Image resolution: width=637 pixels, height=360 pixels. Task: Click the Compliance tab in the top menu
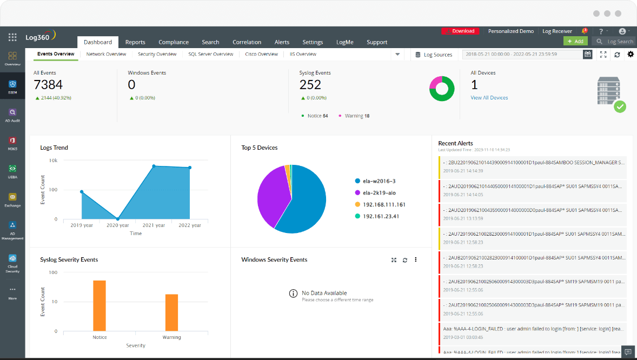coord(173,42)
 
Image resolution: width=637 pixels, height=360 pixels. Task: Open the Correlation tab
coord(247,42)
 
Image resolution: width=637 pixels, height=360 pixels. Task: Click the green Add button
coord(575,41)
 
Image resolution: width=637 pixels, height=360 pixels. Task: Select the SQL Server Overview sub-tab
coord(210,54)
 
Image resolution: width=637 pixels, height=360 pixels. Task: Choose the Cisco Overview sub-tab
coord(261,54)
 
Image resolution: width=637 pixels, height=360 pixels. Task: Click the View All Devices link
coord(489,98)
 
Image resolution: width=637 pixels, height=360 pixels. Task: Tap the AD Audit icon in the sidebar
coord(12,114)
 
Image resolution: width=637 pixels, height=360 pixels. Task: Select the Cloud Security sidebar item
coord(12,262)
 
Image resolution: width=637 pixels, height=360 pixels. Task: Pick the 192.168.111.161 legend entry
coord(383,204)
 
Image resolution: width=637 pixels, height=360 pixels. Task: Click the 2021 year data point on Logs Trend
coord(154,166)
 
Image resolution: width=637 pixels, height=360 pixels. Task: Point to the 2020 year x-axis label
coord(117,225)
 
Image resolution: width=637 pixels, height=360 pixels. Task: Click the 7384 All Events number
coord(48,85)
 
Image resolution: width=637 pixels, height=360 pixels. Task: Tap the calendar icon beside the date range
coord(587,54)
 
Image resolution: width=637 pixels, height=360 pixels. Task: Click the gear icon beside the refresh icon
coord(630,54)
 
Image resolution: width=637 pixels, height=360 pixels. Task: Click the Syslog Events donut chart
coord(442,89)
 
